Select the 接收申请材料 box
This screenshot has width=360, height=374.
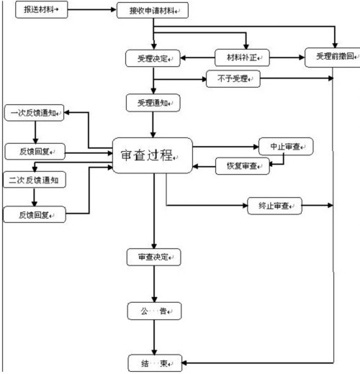click(153, 12)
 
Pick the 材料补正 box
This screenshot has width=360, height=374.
click(245, 56)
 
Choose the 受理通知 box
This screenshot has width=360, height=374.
click(152, 102)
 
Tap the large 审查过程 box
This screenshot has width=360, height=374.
click(152, 155)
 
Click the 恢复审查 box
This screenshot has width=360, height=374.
click(242, 166)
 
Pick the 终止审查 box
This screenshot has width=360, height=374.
click(274, 206)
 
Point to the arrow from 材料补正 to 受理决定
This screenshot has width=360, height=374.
click(197, 56)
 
